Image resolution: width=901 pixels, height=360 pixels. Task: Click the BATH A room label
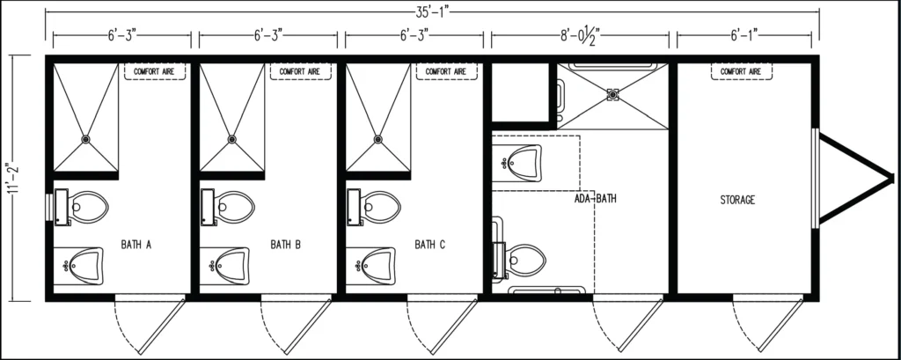click(136, 244)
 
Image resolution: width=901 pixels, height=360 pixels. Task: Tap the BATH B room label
click(286, 244)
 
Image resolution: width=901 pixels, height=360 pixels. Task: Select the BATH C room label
click(431, 244)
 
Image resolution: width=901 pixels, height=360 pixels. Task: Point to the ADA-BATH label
click(595, 198)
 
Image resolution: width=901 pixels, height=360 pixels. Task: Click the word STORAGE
click(737, 200)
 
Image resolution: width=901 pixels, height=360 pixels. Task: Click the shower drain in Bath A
click(85, 138)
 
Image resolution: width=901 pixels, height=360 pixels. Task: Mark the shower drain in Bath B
click(232, 138)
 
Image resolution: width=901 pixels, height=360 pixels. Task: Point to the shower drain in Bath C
click(378, 138)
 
